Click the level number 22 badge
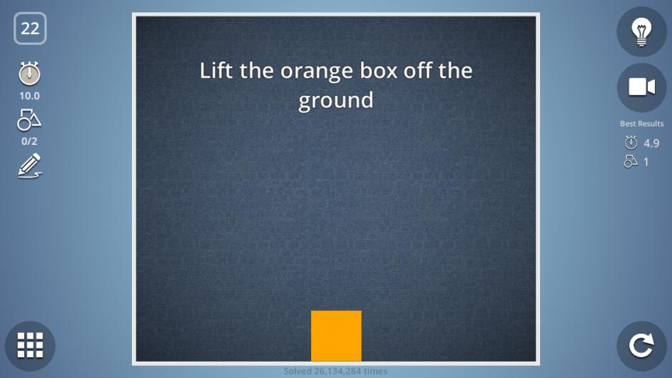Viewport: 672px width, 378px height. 30,29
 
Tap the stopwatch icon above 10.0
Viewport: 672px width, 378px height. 29,73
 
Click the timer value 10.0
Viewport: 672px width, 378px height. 29,96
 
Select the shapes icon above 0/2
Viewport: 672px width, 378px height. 29,120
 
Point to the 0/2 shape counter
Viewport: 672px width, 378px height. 29,141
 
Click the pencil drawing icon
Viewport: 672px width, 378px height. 29,166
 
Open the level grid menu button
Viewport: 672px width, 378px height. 30,345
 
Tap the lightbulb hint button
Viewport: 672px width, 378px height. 641,31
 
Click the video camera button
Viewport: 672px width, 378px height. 641,88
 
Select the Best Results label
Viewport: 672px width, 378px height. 641,124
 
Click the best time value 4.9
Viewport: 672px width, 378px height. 651,143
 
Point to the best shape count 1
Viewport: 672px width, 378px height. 646,162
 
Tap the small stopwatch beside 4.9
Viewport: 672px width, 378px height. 631,143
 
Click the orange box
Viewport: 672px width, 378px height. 336,336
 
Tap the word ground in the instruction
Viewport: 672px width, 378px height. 336,101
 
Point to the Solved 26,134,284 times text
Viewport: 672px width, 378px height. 335,371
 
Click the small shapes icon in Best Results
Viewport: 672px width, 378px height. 631,162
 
